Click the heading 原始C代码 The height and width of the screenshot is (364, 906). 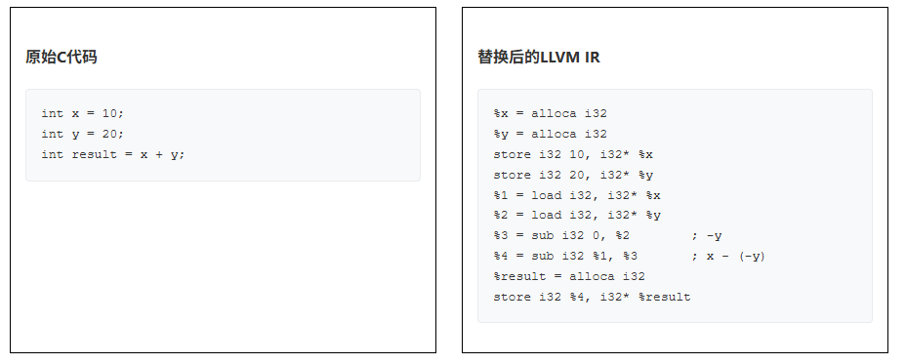pyautogui.click(x=62, y=58)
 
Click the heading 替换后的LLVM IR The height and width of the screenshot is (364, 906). pyautogui.click(x=539, y=58)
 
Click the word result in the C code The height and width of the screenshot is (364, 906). pyautogui.click(x=94, y=154)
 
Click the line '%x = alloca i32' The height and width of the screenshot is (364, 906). pyautogui.click(x=550, y=113)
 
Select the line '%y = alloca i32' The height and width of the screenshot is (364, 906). pyautogui.click(x=550, y=134)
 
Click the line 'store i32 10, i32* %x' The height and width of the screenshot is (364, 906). pyautogui.click(x=573, y=154)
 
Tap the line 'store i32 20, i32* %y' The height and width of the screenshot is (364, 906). pyautogui.click(x=573, y=175)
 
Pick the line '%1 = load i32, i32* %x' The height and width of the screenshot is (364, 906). pyautogui.click(x=577, y=195)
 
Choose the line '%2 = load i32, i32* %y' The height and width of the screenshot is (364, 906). pyautogui.click(x=577, y=216)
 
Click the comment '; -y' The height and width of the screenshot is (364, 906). pyautogui.click(x=706, y=236)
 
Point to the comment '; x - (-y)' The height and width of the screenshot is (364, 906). pyautogui.click(x=728, y=256)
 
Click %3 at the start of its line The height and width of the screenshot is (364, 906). pyautogui.click(x=501, y=236)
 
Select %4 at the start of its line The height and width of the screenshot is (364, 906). pyautogui.click(x=501, y=256)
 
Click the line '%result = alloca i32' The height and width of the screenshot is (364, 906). pyautogui.click(x=569, y=276)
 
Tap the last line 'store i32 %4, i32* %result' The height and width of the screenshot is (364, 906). pyautogui.click(x=592, y=297)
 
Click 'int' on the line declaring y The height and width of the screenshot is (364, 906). pyautogui.click(x=52, y=134)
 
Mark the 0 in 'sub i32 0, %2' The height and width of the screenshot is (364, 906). pyautogui.click(x=596, y=236)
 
